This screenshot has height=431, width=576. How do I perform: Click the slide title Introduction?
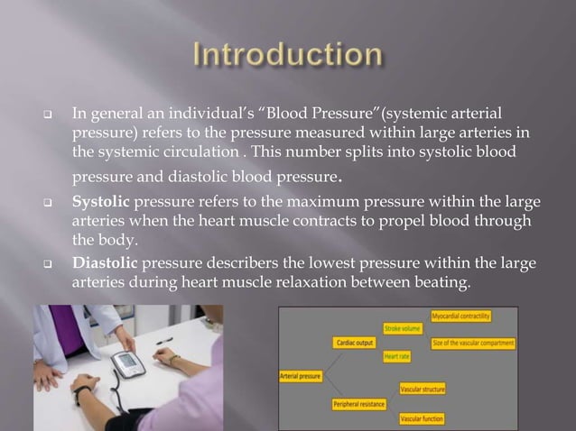pyautogui.click(x=288, y=56)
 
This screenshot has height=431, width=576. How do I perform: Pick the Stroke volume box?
pyautogui.click(x=404, y=329)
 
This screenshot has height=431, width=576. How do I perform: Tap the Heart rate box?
pyautogui.click(x=397, y=357)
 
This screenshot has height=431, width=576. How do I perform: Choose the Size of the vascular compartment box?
pyautogui.click(x=473, y=343)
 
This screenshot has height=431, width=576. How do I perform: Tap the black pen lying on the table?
pyautogui.click(x=163, y=342)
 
